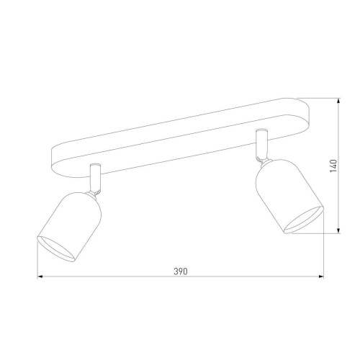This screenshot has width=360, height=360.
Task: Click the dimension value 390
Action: [x=180, y=271]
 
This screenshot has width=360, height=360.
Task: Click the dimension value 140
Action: [x=333, y=166]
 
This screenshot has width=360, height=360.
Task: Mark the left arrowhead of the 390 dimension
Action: [x=40, y=278]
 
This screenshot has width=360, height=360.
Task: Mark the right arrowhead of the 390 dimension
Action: [x=321, y=278]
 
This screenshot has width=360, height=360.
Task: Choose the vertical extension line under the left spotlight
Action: [x=37, y=263]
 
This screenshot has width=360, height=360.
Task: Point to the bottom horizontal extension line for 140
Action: [x=328, y=233]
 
